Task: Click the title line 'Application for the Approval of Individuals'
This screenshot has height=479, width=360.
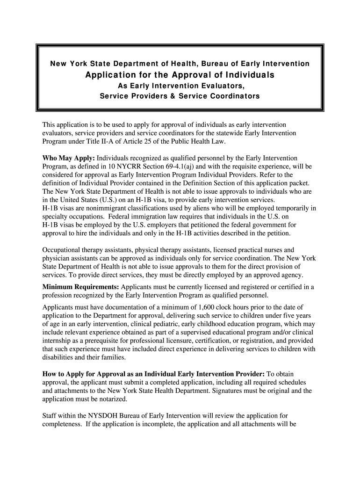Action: [x=180, y=75]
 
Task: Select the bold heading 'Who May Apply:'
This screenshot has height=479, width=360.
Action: [x=69, y=159]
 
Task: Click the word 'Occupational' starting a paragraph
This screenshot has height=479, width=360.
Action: [x=62, y=250]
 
